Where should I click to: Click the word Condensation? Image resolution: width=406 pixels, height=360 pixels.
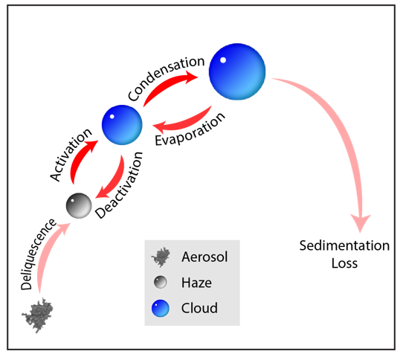165,78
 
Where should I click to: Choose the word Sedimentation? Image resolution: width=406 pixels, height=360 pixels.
344,245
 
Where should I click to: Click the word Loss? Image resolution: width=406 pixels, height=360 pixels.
344,263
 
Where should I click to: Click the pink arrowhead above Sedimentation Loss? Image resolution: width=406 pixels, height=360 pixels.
361,220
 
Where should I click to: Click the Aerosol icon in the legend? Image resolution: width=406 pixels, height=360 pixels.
159,258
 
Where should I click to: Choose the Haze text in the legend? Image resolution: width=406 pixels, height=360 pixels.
196,283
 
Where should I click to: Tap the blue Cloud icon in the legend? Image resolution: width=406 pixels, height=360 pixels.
159,307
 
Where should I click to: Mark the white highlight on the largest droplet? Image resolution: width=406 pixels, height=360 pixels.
222,60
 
